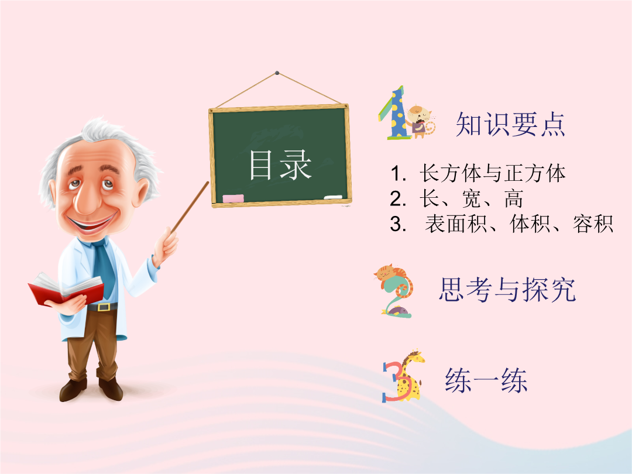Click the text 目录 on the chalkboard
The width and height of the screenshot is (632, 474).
(280, 164)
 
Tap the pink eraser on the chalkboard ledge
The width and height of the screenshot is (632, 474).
(233, 198)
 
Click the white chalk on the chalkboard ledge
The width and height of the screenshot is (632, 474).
(333, 197)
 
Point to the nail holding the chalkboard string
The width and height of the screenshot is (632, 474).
(277, 73)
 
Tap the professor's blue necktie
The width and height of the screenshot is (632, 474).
(104, 266)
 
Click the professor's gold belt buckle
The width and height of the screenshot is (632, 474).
(104, 307)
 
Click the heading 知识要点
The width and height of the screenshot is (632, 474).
(510, 124)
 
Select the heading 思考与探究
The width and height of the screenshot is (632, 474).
(507, 290)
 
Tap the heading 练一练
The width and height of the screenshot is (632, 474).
(486, 380)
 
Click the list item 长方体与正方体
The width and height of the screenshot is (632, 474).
(492, 173)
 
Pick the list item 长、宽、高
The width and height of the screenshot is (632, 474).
(471, 199)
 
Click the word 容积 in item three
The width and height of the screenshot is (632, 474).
(593, 224)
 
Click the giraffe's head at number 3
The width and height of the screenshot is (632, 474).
(415, 356)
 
